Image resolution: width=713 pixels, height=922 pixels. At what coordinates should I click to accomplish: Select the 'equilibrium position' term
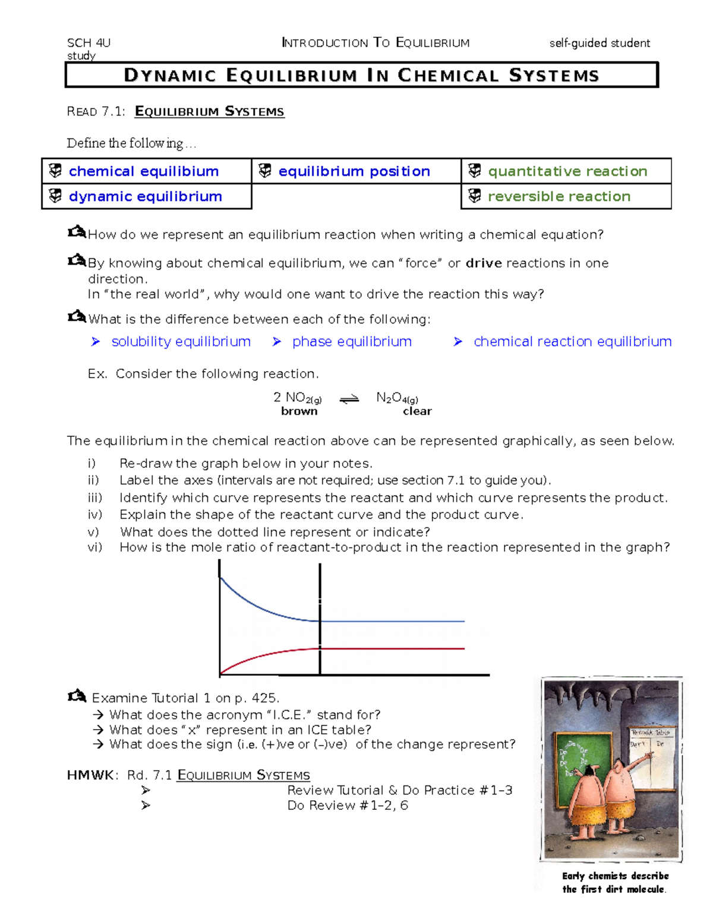pyautogui.click(x=354, y=172)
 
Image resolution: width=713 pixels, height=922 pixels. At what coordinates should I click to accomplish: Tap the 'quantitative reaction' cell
pyautogui.click(x=567, y=172)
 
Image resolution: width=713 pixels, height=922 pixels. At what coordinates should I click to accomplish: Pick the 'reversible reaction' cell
pyautogui.click(x=559, y=197)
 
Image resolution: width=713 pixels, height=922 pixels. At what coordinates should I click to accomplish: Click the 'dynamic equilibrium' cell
pyautogui.click(x=146, y=197)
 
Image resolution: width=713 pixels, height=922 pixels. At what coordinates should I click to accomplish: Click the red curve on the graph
pyautogui.click(x=267, y=654)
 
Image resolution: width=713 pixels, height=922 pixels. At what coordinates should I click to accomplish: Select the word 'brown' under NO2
pyautogui.click(x=299, y=411)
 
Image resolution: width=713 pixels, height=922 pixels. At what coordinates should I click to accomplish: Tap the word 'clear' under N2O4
pyautogui.click(x=417, y=411)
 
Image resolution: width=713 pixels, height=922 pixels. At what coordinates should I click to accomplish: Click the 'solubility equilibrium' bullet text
pyautogui.click(x=181, y=342)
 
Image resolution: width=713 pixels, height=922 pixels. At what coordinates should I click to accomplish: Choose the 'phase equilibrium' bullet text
pyautogui.click(x=352, y=342)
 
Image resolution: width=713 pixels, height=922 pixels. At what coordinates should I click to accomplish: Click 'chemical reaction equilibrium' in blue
pyautogui.click(x=572, y=342)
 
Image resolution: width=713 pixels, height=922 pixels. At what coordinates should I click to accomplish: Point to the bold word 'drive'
pyautogui.click(x=484, y=263)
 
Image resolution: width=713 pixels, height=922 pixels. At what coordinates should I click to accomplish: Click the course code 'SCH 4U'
pyautogui.click(x=89, y=43)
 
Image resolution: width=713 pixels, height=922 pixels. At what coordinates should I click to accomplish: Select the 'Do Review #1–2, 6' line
pyautogui.click(x=348, y=806)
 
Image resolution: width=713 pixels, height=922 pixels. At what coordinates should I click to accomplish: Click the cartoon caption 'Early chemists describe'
pyautogui.click(x=615, y=876)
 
